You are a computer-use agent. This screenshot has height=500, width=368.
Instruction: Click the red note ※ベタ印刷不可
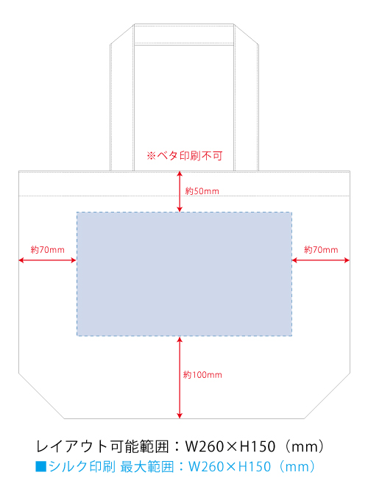click(x=185, y=156)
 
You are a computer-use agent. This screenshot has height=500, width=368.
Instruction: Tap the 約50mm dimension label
click(x=202, y=191)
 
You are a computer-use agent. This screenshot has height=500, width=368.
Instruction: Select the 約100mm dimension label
click(x=202, y=375)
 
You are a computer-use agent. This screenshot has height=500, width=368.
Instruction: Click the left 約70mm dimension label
click(x=48, y=250)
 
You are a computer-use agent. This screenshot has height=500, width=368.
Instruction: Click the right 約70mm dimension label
click(x=321, y=250)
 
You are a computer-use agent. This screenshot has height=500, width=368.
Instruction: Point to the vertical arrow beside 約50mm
click(x=180, y=191)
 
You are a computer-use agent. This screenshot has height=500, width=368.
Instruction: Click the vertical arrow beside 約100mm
click(x=180, y=377)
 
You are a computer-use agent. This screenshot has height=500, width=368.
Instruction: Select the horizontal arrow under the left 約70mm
click(x=48, y=260)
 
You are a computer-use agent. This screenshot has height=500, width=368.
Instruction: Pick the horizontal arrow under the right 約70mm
click(x=321, y=260)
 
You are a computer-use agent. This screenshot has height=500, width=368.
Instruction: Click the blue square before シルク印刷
click(x=41, y=466)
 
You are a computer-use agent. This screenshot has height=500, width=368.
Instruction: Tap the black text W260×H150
click(x=230, y=446)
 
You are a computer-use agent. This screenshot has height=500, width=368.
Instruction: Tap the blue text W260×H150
click(x=230, y=466)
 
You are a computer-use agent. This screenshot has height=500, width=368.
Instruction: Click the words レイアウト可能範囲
click(x=102, y=446)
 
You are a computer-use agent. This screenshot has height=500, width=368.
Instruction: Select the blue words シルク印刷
click(x=82, y=466)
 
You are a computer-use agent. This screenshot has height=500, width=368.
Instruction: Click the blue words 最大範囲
click(x=147, y=466)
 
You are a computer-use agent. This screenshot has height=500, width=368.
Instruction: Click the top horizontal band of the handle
click(x=184, y=35)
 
